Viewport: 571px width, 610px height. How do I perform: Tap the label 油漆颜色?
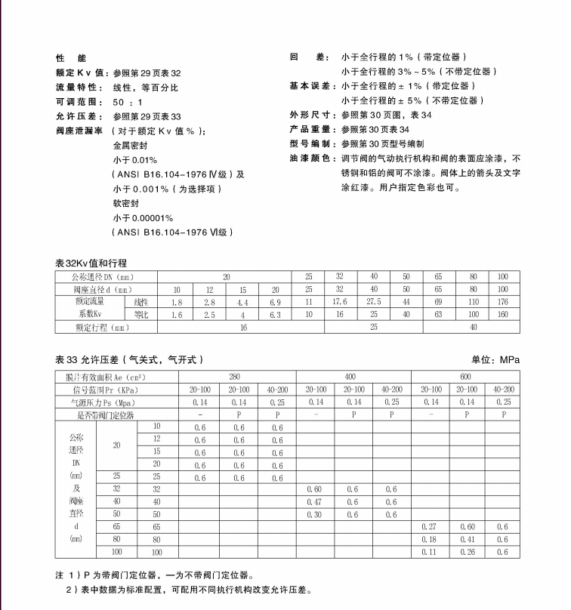coord(310,159)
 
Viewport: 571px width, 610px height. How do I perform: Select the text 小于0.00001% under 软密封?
coord(143,217)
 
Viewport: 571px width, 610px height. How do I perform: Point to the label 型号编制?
coord(310,144)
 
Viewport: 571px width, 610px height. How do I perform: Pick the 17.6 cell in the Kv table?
coord(341,302)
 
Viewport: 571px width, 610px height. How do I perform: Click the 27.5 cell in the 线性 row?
coord(373,302)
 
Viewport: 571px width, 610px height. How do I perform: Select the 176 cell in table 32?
coord(503,302)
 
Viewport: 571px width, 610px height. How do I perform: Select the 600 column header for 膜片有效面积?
coord(465,376)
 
